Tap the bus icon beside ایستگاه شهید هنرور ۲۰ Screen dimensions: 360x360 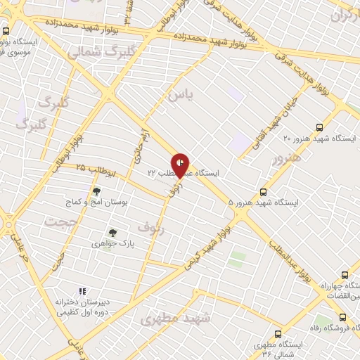tap(320, 127)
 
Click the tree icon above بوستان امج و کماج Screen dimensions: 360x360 tap(96, 191)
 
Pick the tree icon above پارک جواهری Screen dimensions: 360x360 tap(111, 232)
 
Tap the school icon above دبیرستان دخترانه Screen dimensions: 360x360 tap(82, 290)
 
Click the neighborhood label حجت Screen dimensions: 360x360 tap(60, 221)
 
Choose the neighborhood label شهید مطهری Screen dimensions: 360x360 tap(175, 319)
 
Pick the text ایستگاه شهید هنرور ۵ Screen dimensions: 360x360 tap(263, 202)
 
